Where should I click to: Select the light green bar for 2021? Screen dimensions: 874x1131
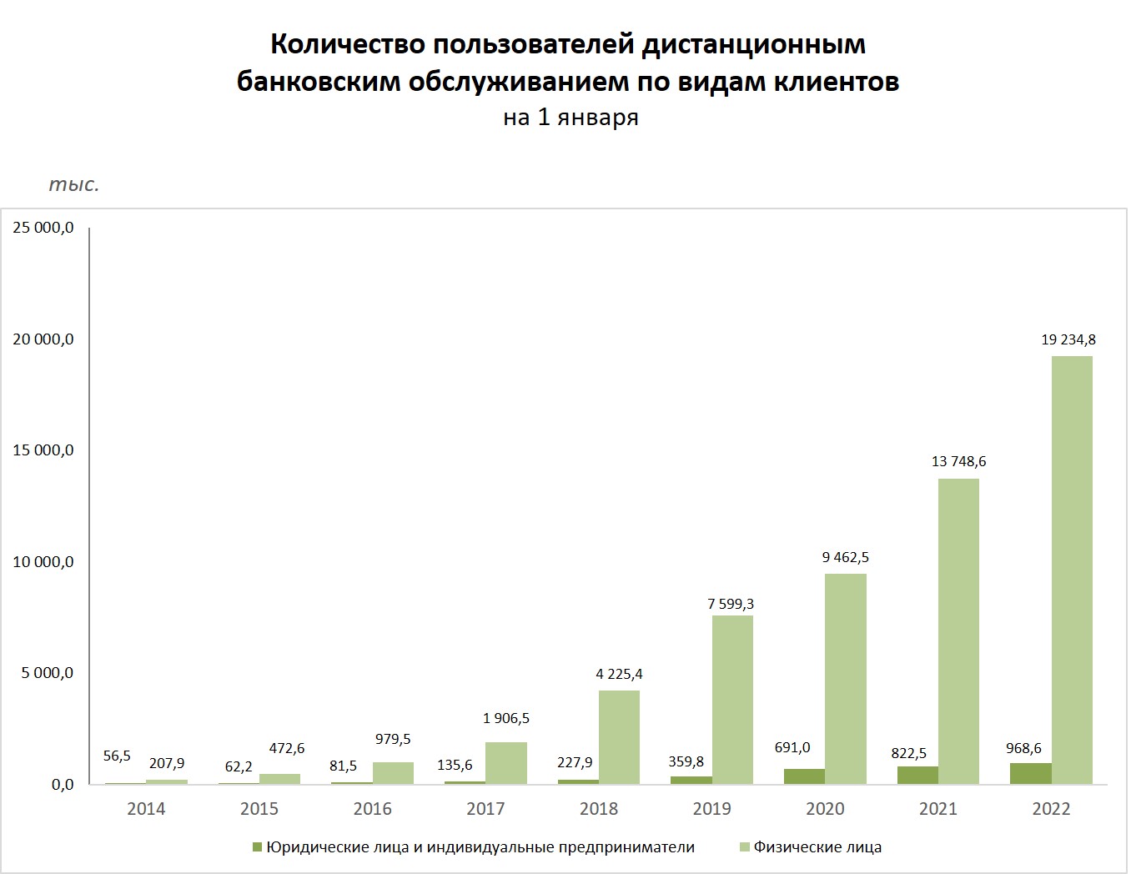(x=958, y=631)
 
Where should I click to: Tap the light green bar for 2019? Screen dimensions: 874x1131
(x=732, y=700)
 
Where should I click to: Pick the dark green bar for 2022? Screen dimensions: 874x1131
(x=1030, y=774)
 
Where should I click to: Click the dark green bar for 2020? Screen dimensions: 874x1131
(x=804, y=776)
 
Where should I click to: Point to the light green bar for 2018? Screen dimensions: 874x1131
(x=619, y=737)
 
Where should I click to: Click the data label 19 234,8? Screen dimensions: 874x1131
(x=1068, y=339)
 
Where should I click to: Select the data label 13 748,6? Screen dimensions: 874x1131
(x=958, y=461)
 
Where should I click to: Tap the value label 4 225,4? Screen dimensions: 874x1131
(x=619, y=674)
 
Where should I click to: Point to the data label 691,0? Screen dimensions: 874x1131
(x=792, y=747)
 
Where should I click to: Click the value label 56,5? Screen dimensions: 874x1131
(x=117, y=756)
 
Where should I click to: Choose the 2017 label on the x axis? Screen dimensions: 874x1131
(x=485, y=809)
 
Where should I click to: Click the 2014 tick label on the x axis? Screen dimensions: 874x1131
(x=146, y=809)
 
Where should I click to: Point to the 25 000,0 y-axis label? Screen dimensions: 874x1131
(x=43, y=228)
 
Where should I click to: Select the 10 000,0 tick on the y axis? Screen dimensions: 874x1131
(x=43, y=562)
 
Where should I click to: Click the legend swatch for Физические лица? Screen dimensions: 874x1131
(x=745, y=847)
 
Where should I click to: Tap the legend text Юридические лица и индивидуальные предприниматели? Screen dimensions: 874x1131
(x=480, y=847)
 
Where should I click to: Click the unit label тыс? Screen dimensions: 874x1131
(x=74, y=184)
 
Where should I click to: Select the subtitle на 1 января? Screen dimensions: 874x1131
(x=571, y=118)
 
